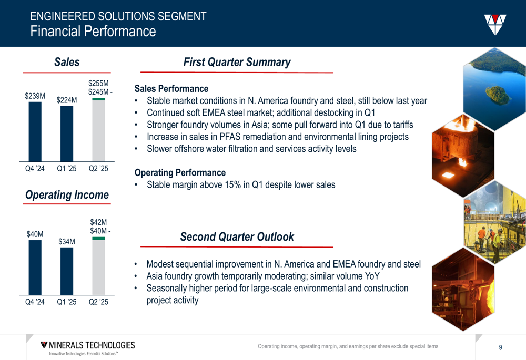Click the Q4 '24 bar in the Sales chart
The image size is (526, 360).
click(x=35, y=132)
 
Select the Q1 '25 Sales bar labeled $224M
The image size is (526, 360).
click(x=67, y=133)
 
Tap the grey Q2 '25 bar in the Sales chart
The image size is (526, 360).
click(x=99, y=131)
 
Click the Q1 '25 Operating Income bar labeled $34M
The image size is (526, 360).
click(x=67, y=271)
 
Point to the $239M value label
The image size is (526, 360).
click(x=35, y=96)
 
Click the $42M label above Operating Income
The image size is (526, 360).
click(x=99, y=222)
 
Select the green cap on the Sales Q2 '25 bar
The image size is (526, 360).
click(x=99, y=99)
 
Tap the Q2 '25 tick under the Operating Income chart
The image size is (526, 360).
click(x=99, y=302)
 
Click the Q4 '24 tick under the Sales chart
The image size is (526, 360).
click(x=35, y=169)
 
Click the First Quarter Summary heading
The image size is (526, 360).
click(x=237, y=63)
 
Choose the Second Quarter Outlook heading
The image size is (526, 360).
click(x=237, y=236)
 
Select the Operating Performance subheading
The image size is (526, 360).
click(x=180, y=172)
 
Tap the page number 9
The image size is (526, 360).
click(x=501, y=347)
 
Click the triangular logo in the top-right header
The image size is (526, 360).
click(x=495, y=24)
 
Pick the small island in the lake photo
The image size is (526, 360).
click(x=498, y=95)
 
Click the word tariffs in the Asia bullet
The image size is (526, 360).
click(x=401, y=125)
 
